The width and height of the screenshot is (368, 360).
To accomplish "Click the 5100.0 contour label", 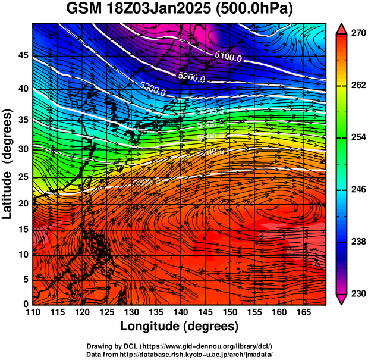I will (x=228, y=58).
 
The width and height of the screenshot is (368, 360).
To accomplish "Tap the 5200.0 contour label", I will (x=191, y=77).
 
